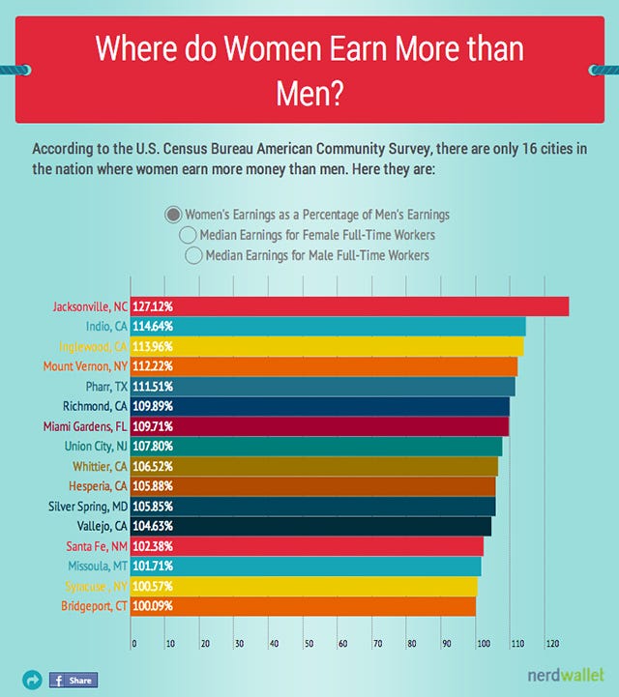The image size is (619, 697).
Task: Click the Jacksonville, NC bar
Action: (348, 306)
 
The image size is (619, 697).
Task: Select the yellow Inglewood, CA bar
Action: (329, 346)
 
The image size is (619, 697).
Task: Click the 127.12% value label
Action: (154, 306)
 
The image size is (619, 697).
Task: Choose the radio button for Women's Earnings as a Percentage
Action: (173, 215)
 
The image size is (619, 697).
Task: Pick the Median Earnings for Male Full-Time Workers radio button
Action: (193, 255)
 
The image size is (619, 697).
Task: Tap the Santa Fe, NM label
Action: (94, 546)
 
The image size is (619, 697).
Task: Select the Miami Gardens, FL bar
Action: (319, 426)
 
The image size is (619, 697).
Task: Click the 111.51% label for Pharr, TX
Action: (154, 387)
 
